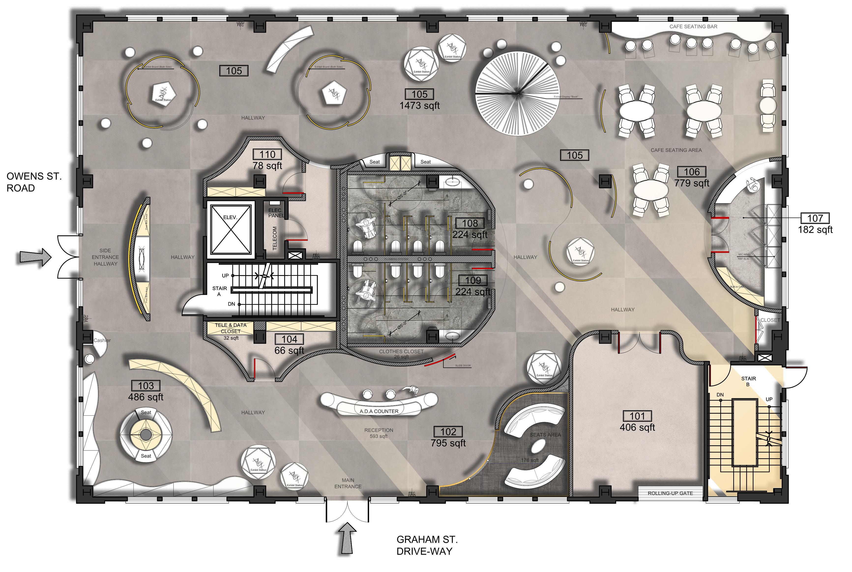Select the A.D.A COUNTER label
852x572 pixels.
coord(379,411)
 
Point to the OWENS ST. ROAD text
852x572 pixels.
coord(34,182)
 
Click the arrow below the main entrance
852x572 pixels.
coord(348,538)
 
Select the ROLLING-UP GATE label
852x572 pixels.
coord(670,493)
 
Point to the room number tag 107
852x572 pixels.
coord(815,218)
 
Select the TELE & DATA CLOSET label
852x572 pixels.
coord(231,328)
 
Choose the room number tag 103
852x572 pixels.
coord(146,386)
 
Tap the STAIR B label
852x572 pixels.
coord(748,381)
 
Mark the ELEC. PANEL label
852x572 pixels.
coord(276,213)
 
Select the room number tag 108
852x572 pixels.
coord(470,223)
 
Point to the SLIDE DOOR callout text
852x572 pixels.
coord(463,365)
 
